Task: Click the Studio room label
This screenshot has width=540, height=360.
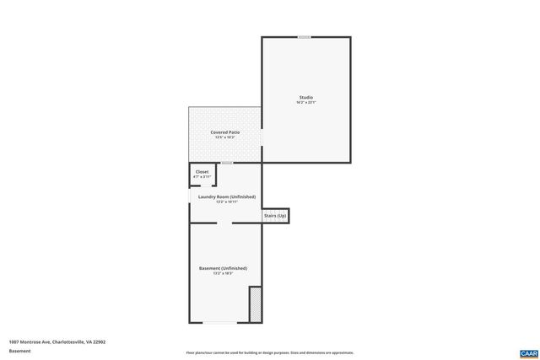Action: click(x=305, y=98)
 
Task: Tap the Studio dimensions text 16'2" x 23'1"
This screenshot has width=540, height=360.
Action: click(x=305, y=104)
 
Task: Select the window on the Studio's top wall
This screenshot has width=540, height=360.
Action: click(x=304, y=37)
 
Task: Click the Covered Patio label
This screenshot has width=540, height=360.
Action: click(x=224, y=132)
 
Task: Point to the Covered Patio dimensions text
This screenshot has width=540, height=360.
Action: click(x=224, y=138)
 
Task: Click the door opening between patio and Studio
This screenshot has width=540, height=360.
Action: click(x=262, y=135)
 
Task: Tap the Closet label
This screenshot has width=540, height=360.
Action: click(x=202, y=171)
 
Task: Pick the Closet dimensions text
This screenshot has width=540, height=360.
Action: click(x=202, y=177)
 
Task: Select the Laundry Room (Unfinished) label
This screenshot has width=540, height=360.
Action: click(x=226, y=196)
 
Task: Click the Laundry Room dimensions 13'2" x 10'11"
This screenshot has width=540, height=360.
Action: click(x=226, y=202)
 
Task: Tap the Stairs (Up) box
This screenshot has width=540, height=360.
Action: click(x=276, y=216)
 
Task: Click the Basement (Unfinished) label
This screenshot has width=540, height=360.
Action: click(x=223, y=268)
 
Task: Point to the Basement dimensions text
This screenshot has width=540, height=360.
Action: click(x=223, y=274)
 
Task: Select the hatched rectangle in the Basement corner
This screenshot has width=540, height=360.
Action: click(x=255, y=304)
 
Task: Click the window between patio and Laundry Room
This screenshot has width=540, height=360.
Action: click(x=226, y=163)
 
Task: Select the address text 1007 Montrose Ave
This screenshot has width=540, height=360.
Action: click(x=57, y=341)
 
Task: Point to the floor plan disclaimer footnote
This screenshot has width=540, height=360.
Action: click(x=269, y=352)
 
